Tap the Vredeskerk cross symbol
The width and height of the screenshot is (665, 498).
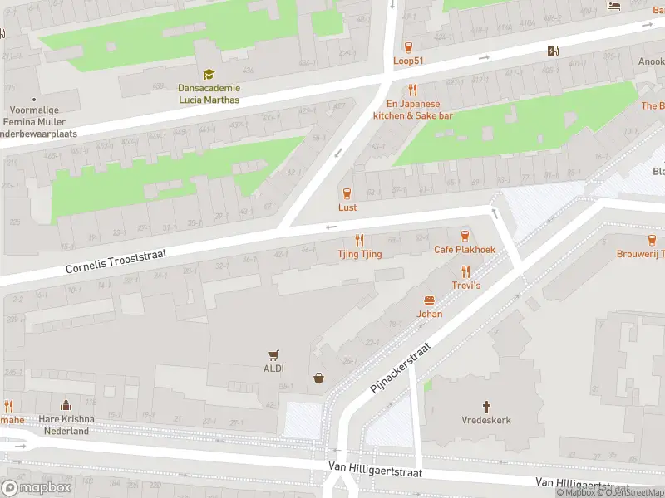(486, 407)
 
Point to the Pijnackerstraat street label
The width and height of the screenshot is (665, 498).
(402, 368)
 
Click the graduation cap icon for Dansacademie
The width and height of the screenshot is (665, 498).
(209, 75)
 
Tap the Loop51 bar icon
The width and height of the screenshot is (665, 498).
(408, 47)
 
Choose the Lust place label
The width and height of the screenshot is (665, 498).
(347, 207)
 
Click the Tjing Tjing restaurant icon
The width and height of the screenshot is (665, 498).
(360, 239)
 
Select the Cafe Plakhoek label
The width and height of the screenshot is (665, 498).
(464, 250)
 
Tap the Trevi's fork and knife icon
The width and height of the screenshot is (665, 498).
(465, 271)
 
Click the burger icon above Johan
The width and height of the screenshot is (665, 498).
(430, 300)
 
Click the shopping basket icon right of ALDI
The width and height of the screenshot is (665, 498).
(318, 378)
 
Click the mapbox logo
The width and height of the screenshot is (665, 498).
(37, 487)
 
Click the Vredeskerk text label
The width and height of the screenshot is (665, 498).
(486, 420)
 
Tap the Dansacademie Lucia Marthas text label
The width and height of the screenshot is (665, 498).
(209, 94)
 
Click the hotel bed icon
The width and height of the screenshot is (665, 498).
(614, 7)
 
